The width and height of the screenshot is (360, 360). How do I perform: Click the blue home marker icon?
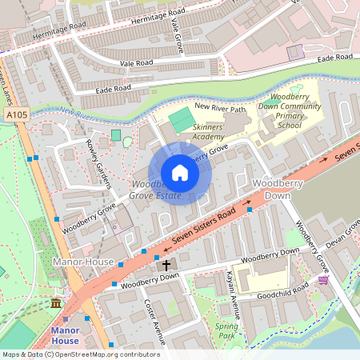point(180,173)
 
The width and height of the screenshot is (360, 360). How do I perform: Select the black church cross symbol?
point(167,265)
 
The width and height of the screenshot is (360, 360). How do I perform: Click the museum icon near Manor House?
point(55,305)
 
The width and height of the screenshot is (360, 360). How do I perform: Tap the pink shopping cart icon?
point(323,281)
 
